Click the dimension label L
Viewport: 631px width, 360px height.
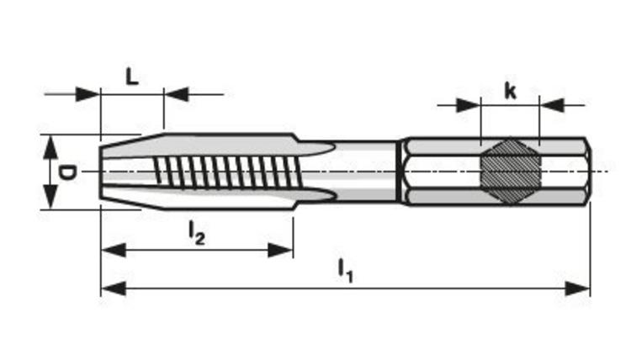coord(132,77)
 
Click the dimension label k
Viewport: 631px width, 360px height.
coord(510,91)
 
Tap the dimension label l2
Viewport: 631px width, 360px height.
coord(196,232)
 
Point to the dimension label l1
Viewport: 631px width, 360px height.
coord(345,269)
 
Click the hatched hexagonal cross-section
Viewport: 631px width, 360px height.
coord(509,171)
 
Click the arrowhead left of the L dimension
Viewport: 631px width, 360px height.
coord(88,93)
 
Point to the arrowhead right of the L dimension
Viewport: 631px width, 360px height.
coord(176,93)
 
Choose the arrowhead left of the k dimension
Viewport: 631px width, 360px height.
coord(469,105)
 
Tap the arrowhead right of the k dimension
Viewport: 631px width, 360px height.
coord(551,105)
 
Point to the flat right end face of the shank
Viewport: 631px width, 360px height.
coord(591,171)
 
